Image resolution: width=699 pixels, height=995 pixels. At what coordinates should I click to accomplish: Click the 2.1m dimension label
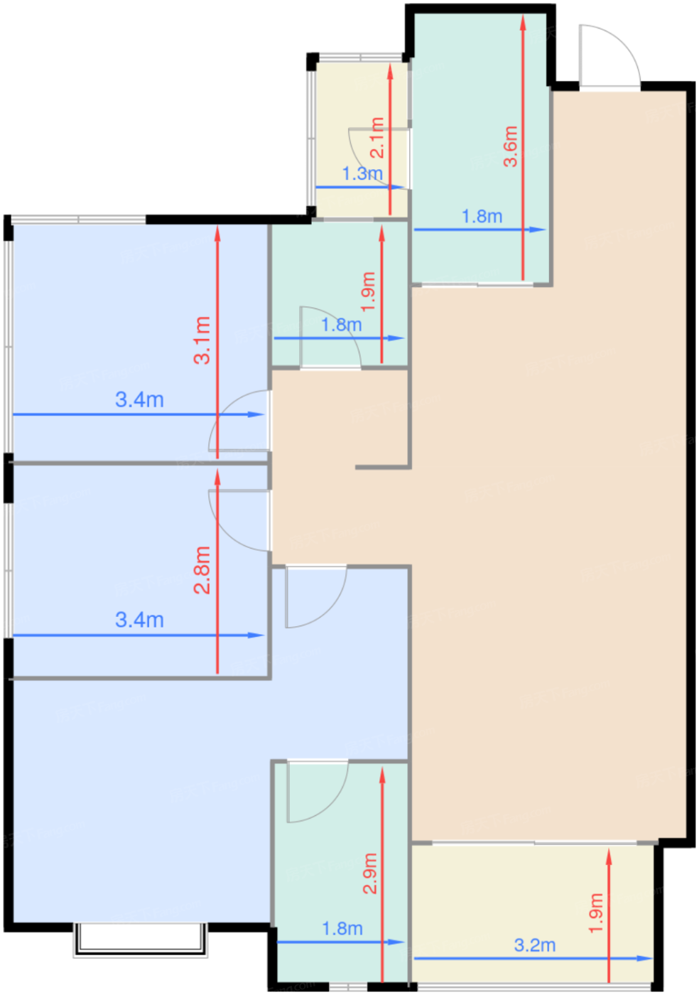(x=377, y=138)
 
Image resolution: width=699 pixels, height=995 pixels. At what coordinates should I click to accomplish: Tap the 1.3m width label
(x=362, y=173)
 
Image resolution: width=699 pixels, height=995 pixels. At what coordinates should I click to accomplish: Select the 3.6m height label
(x=510, y=146)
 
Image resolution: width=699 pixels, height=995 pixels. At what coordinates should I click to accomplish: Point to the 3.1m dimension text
(x=202, y=340)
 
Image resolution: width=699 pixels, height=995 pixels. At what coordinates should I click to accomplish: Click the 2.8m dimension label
(x=202, y=570)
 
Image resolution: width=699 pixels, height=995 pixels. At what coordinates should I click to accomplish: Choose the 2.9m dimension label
(x=369, y=873)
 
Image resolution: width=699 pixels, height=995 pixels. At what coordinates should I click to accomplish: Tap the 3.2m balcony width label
(x=534, y=945)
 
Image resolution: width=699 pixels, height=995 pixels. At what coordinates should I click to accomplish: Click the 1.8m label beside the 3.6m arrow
(x=482, y=216)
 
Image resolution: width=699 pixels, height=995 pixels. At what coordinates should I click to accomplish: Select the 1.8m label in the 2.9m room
(x=342, y=929)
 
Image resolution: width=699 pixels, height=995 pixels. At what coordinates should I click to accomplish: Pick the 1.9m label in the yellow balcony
(x=595, y=913)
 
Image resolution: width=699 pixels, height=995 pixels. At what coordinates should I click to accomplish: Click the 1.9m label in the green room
(x=368, y=291)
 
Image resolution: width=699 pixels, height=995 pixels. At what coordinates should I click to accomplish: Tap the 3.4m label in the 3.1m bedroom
(x=139, y=399)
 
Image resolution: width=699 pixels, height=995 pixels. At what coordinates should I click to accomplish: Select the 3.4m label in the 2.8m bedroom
(x=139, y=620)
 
